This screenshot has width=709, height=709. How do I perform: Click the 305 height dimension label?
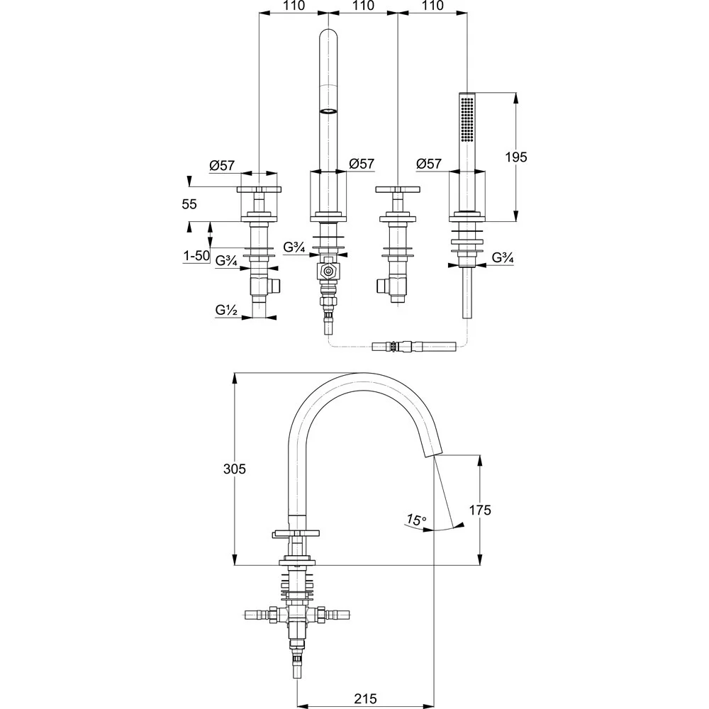[234, 469]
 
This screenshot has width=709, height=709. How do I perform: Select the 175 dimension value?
[480, 510]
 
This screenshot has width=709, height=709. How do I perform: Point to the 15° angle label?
[416, 520]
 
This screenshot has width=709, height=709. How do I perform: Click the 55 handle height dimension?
[189, 204]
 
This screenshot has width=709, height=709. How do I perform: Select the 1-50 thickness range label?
[196, 255]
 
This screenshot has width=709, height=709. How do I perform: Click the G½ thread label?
[227, 310]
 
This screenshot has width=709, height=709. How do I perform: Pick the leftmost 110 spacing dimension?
[293, 6]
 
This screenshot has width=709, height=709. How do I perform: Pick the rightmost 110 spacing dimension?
[432, 6]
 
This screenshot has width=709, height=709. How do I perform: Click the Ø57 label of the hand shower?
[430, 164]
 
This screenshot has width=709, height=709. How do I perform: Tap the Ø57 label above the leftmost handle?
[222, 166]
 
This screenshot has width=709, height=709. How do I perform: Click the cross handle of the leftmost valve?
[258, 190]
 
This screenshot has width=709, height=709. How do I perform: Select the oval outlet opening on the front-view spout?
[329, 111]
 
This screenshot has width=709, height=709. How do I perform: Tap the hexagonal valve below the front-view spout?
[328, 272]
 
